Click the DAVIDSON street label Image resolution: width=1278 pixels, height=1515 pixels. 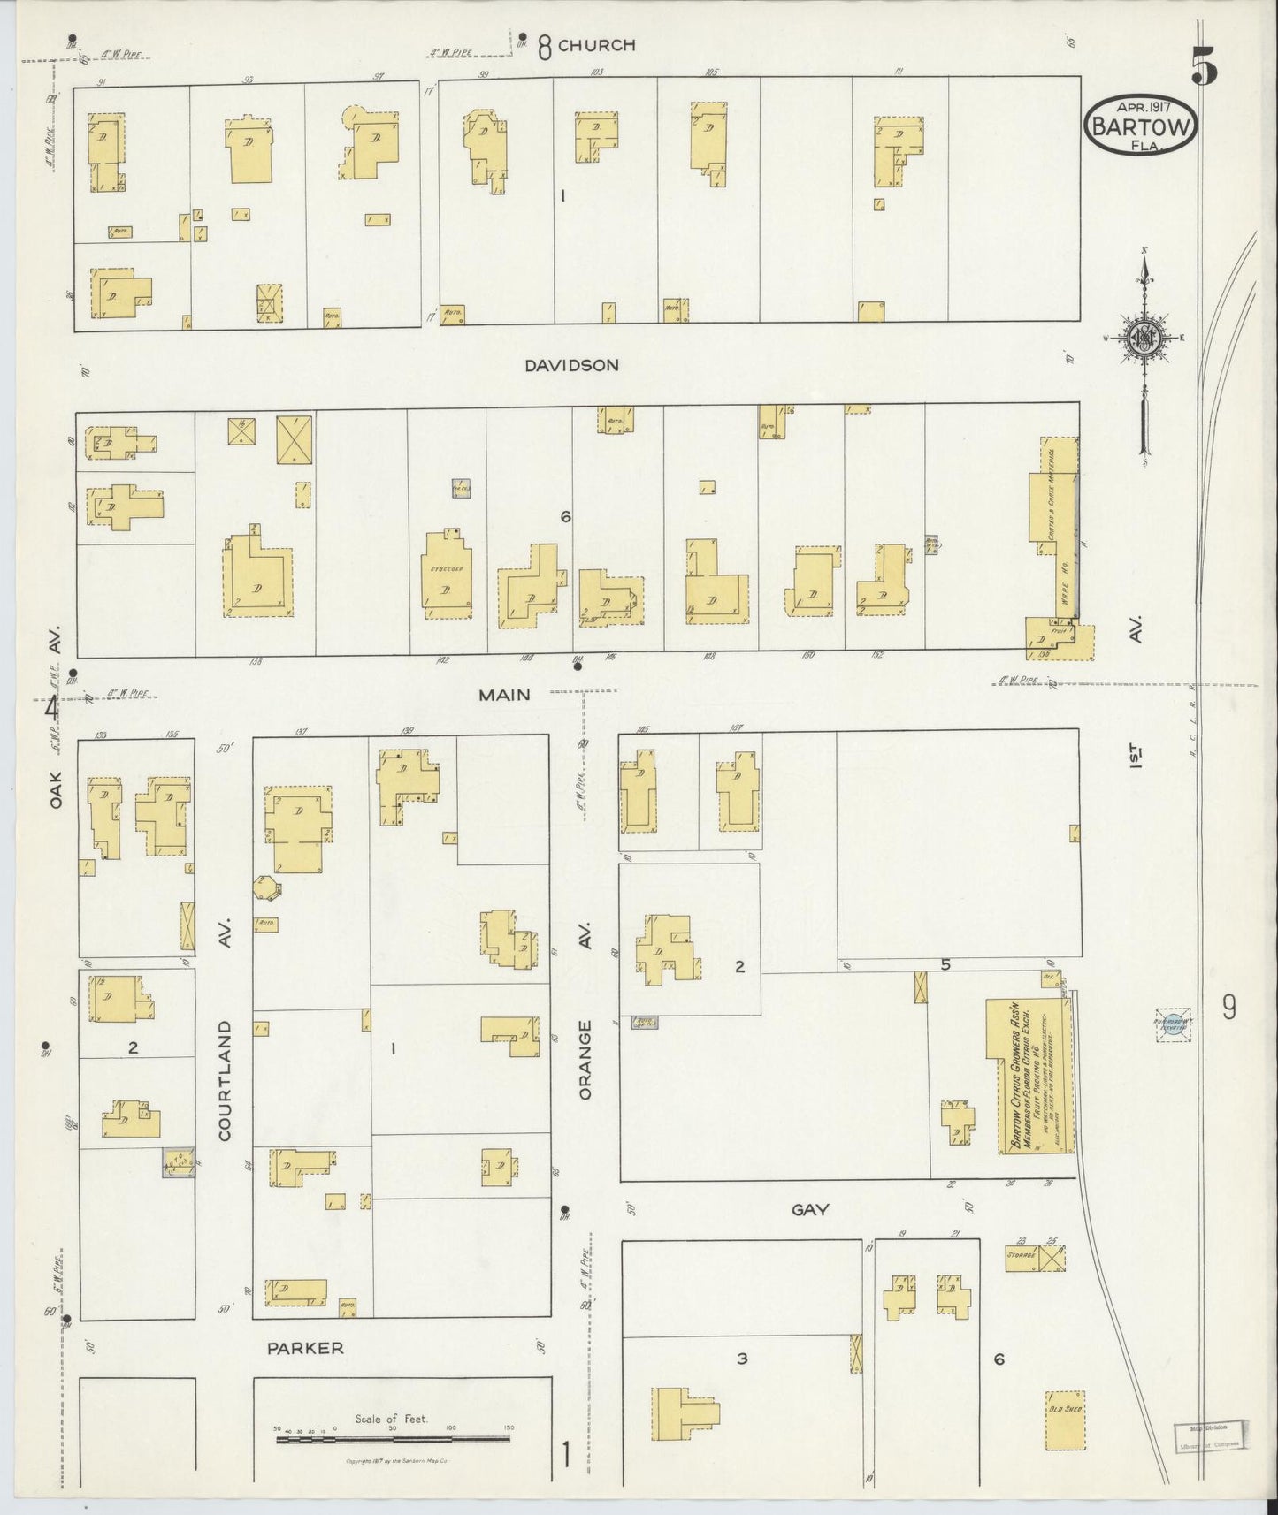[570, 364]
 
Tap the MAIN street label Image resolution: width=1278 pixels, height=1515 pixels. [504, 695]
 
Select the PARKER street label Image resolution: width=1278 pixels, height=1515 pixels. [305, 1348]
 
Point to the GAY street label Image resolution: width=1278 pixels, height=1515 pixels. [810, 1209]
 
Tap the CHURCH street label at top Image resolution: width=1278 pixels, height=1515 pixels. [597, 45]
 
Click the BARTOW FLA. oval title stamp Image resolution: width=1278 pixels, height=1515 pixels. [1140, 126]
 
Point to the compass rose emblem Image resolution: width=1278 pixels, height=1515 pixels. [1144, 338]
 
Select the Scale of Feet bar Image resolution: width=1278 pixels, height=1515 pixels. [393, 1439]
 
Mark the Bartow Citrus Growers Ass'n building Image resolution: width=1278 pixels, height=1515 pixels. [1030, 1076]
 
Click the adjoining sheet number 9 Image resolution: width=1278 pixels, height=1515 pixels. [1229, 1007]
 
